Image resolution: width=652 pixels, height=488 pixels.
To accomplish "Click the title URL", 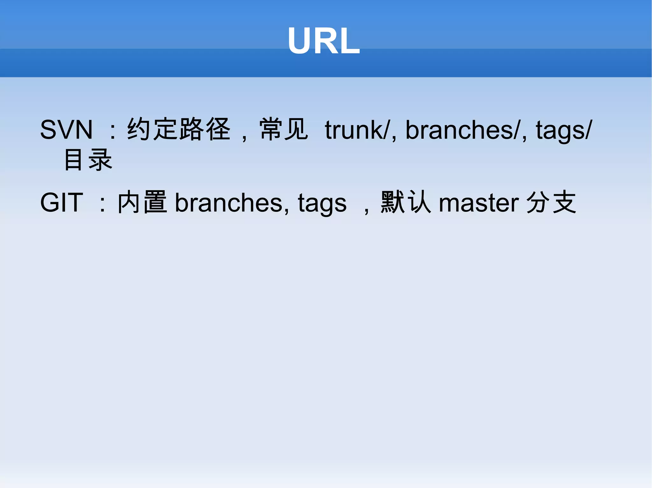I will tap(323, 41).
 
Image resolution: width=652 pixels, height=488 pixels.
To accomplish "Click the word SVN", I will tap(66, 130).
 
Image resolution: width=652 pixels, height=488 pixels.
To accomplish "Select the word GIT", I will tap(62, 202).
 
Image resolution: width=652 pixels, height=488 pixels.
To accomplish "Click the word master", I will tap(479, 203).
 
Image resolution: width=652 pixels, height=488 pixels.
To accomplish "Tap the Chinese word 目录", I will tap(88, 160).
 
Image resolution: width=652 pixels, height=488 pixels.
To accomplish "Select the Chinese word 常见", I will tap(284, 129).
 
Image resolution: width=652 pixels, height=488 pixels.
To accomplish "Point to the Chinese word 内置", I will tap(142, 202).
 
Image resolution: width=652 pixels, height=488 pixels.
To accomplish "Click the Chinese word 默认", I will tap(406, 202).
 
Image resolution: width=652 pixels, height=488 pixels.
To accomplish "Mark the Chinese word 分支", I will tap(551, 202).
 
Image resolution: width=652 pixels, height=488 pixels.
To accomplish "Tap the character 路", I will tap(192, 129).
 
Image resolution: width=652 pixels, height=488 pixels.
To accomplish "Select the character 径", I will tap(218, 129).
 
